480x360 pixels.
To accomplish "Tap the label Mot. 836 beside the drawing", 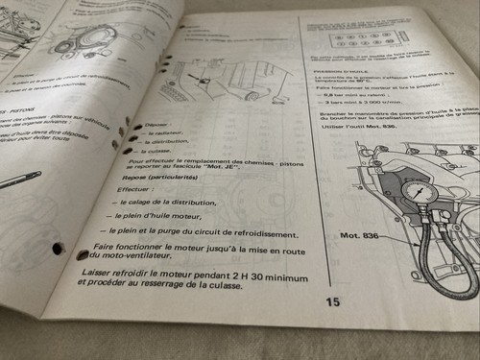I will coord(361,234).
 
